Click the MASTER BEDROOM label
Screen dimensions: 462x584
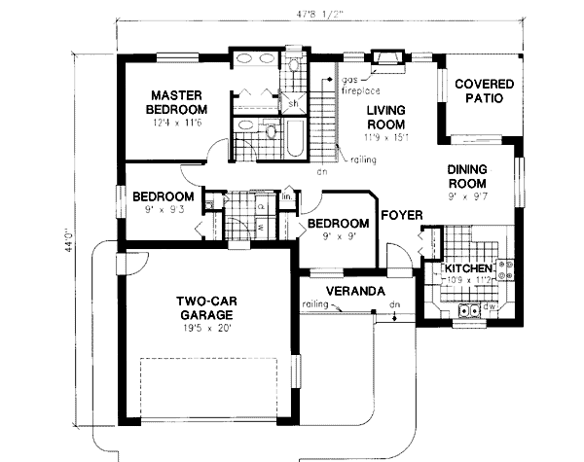[175, 101]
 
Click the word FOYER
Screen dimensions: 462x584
[400, 215]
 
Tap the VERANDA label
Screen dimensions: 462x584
[354, 291]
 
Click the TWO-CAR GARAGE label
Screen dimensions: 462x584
[202, 308]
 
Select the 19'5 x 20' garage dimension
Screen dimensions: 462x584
[202, 329]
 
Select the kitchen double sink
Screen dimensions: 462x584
[468, 310]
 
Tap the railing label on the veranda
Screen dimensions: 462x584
[315, 305]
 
